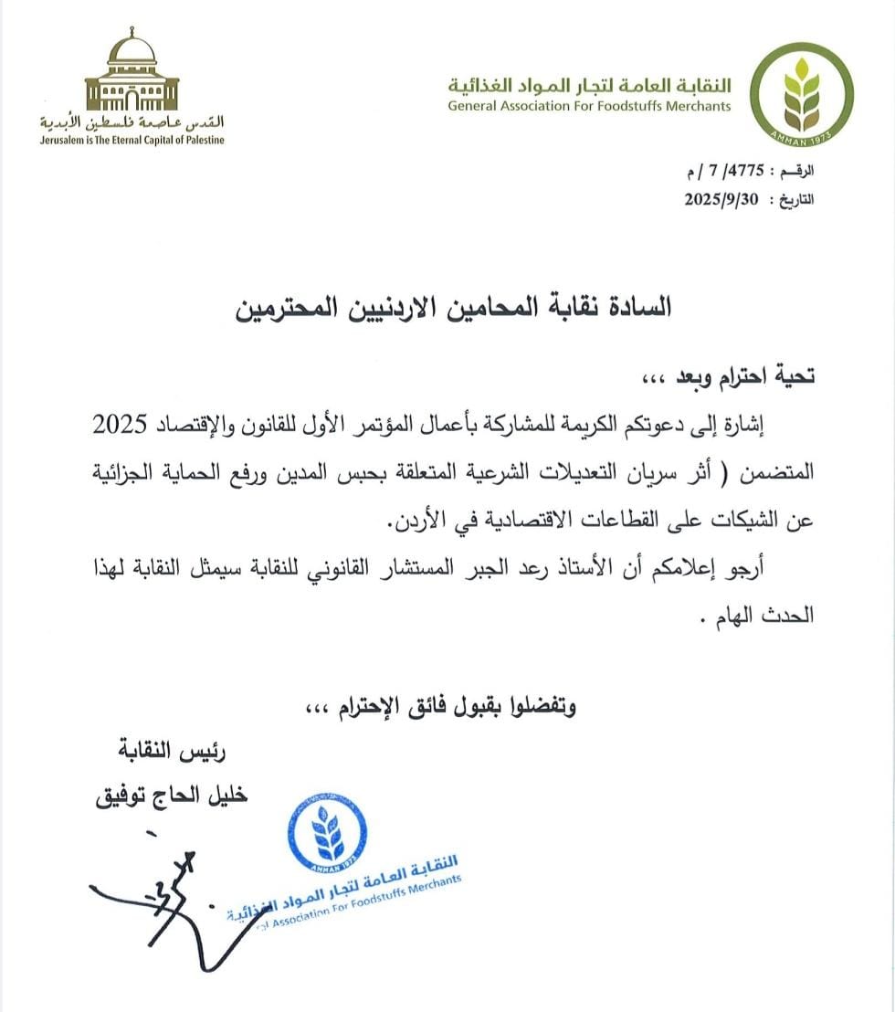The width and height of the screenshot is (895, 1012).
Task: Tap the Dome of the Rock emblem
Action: [132, 73]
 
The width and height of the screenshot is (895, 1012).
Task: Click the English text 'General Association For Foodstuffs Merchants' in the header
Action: [589, 106]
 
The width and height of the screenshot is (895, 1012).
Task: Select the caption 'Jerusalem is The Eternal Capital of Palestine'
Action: [132, 140]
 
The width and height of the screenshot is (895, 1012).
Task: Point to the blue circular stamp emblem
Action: [327, 832]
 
